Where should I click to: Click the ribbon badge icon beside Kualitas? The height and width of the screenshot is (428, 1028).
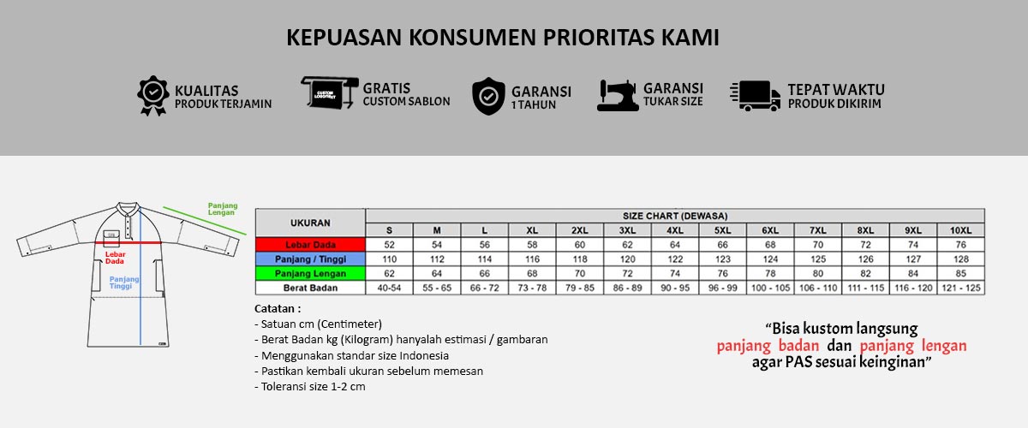pos(153,96)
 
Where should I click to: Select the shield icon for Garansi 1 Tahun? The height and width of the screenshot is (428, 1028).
pos(488,96)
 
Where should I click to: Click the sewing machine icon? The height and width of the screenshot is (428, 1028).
pos(618,95)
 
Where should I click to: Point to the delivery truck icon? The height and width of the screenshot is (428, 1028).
pos(755,96)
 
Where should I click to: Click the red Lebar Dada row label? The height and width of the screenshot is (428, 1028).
pos(310,244)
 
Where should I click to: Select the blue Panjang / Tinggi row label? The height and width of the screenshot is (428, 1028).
pos(310,259)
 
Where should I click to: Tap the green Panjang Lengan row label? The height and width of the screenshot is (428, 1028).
pos(310,273)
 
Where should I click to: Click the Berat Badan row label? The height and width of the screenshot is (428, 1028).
pos(310,288)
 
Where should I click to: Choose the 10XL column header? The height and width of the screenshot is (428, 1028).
pos(960,229)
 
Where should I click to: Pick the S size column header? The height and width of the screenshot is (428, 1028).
pos(389,229)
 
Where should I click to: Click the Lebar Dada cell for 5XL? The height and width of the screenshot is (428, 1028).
pos(723,244)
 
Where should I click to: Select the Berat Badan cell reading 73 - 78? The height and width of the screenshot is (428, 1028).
pos(532,288)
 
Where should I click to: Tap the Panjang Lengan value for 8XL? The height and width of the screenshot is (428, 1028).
pos(865,273)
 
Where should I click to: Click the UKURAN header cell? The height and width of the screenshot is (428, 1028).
pos(310,222)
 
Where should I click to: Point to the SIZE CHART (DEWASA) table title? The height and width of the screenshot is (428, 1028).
pos(674,216)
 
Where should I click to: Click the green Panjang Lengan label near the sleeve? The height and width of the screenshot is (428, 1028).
pos(222,208)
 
